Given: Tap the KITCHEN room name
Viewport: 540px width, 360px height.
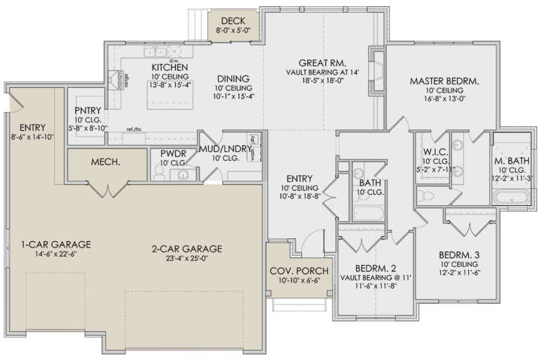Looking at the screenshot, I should [x=168, y=67].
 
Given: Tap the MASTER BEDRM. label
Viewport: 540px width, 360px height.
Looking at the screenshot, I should [x=444, y=82].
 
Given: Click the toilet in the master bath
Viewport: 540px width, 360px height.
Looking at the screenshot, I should [x=428, y=195].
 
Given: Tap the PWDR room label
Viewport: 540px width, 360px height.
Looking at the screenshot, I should [x=172, y=152].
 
